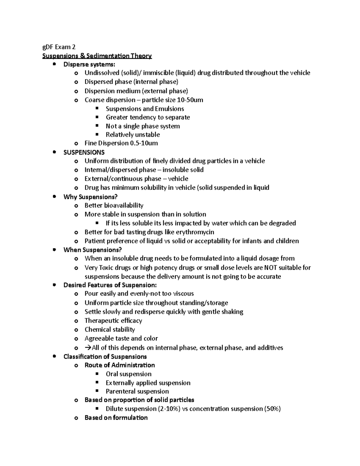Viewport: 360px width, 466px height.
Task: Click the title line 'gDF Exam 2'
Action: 59,47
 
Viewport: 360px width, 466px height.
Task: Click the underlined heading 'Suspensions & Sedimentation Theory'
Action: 97,56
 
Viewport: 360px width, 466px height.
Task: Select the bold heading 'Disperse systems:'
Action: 89,65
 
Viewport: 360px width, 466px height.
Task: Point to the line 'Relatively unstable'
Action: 133,135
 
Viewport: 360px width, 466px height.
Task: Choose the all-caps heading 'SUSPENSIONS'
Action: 84,152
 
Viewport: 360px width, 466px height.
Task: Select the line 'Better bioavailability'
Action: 114,205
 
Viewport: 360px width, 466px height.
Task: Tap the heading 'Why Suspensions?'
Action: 90,197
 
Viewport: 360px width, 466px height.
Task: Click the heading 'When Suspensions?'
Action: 92,250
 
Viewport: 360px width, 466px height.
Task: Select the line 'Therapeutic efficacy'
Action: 113,320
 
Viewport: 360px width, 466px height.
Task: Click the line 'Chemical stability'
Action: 109,329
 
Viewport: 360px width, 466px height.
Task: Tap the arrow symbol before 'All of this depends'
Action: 88,348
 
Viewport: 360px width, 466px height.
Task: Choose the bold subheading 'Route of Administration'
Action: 120,365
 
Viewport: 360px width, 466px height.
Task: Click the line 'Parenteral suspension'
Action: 137,391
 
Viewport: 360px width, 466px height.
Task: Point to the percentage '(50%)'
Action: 272,409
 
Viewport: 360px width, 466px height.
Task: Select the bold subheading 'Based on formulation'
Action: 116,418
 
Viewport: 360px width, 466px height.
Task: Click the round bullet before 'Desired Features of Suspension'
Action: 54,285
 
